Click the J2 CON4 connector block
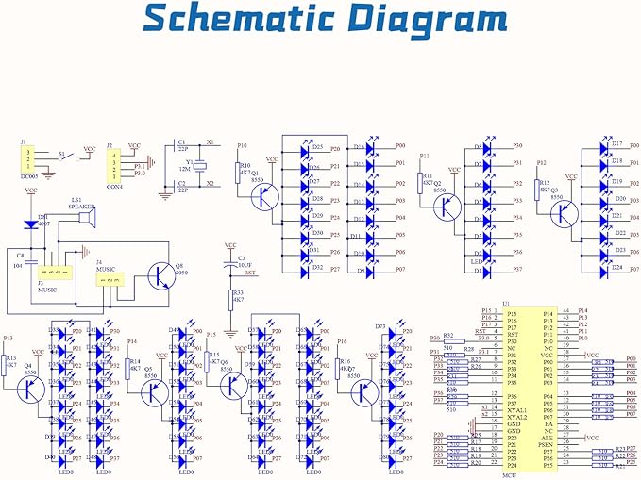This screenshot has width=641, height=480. tap(116, 166)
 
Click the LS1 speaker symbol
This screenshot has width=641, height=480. tap(86, 220)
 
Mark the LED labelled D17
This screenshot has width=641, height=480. tap(605, 148)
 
